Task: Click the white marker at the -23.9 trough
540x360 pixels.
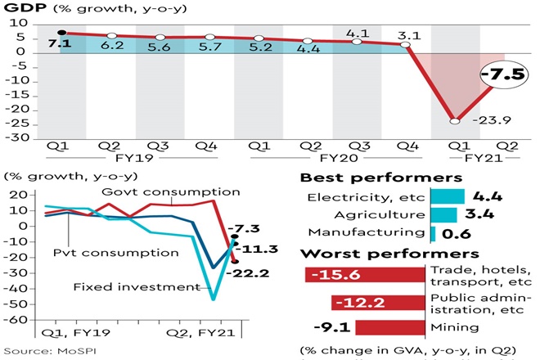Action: [x=454, y=121]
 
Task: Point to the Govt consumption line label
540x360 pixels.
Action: [x=171, y=191]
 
